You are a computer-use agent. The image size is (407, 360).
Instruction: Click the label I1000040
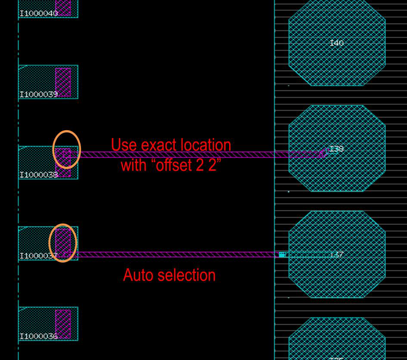[x=38, y=13]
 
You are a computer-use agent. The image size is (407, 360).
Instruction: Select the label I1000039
[x=38, y=94]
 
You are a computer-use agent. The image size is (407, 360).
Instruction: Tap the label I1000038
[x=38, y=175]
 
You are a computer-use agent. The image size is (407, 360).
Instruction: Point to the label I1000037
[x=38, y=256]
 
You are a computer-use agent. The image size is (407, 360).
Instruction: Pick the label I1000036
[x=38, y=336]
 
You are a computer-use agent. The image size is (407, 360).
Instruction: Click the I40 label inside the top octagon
[x=337, y=43]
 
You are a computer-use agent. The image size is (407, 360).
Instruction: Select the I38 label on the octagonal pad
[x=337, y=149]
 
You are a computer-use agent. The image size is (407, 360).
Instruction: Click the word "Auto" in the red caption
[x=138, y=275]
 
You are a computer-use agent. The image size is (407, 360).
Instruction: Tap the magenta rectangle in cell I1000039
[x=63, y=82]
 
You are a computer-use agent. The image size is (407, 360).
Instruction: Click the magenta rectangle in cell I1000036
[x=63, y=323]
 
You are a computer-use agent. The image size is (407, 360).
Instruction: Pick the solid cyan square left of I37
[x=282, y=255]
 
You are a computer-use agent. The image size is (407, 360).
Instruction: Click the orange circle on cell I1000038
[x=66, y=149]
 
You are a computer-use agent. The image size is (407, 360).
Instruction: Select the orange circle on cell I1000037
[x=63, y=243]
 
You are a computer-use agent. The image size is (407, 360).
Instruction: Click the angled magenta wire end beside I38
[x=324, y=152]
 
